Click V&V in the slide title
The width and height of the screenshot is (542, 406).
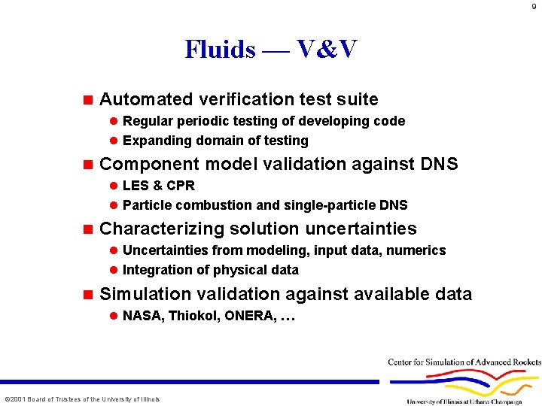tap(327, 50)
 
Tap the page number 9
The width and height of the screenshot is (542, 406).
tap(534, 8)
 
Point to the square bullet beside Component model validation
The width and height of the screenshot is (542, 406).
tap(87, 164)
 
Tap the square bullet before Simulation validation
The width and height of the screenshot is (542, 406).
tap(87, 294)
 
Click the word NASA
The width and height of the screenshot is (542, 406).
tap(142, 316)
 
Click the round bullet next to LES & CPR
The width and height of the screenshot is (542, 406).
tap(114, 186)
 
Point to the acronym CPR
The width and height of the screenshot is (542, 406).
tap(181, 186)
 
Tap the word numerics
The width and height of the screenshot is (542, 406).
tap(416, 250)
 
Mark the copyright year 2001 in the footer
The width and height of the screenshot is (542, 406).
tap(17, 398)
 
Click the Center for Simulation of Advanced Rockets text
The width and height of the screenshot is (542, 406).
tap(464, 362)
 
